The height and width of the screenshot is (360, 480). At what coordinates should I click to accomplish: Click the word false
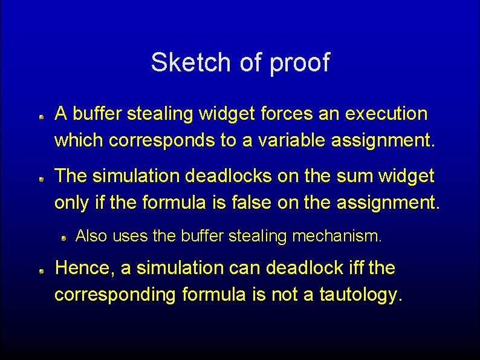point(255,203)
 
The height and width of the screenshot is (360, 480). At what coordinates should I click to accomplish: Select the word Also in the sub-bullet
point(91,235)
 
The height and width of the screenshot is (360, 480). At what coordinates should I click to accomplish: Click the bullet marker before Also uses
point(63,238)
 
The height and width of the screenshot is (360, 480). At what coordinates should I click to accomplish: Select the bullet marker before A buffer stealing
point(42,116)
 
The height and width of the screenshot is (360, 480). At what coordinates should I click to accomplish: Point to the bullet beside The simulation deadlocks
point(42,179)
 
